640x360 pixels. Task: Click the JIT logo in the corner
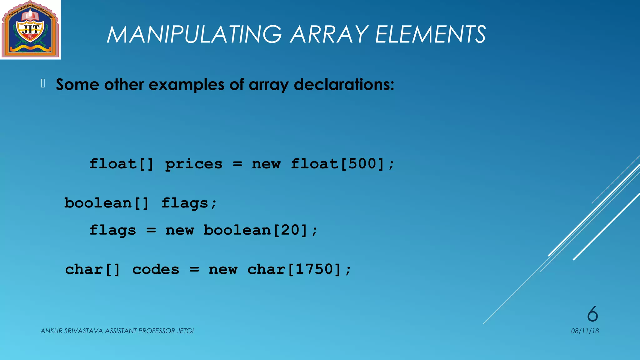pyautogui.click(x=30, y=30)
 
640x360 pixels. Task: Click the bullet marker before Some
pyautogui.click(x=43, y=83)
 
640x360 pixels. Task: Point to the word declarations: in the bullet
pyautogui.click(x=344, y=85)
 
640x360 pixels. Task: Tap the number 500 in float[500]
pyautogui.click(x=362, y=164)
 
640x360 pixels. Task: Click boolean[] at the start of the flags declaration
pyautogui.click(x=107, y=203)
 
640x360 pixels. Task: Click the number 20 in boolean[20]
pyautogui.click(x=290, y=230)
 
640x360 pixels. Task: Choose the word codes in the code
pyautogui.click(x=156, y=270)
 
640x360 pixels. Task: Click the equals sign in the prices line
pyautogui.click(x=237, y=164)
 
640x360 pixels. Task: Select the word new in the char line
pyautogui.click(x=223, y=270)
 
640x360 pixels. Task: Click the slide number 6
pyautogui.click(x=592, y=314)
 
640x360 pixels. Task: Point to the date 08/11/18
pyautogui.click(x=585, y=331)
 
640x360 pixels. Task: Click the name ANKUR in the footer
pyautogui.click(x=52, y=331)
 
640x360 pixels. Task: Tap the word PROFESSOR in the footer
pyautogui.click(x=157, y=331)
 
